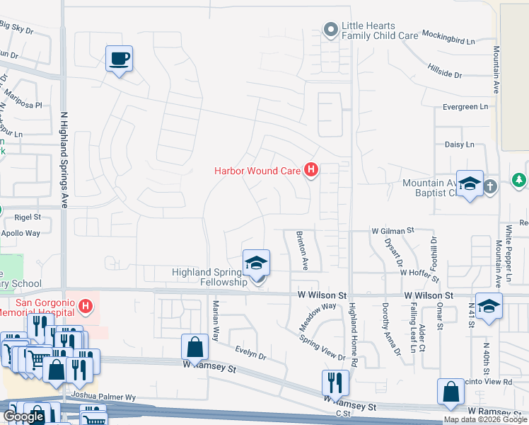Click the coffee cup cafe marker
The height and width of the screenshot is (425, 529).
(x=119, y=58)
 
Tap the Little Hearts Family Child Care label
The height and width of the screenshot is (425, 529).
(x=378, y=30)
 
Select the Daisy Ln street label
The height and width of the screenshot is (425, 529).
(x=459, y=144)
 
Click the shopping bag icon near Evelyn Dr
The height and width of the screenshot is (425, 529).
(x=194, y=347)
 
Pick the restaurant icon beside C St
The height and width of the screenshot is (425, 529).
(x=334, y=382)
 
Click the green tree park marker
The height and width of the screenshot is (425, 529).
(x=519, y=181)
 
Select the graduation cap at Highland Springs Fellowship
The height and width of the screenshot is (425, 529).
(x=256, y=263)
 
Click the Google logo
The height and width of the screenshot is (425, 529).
(x=23, y=417)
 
